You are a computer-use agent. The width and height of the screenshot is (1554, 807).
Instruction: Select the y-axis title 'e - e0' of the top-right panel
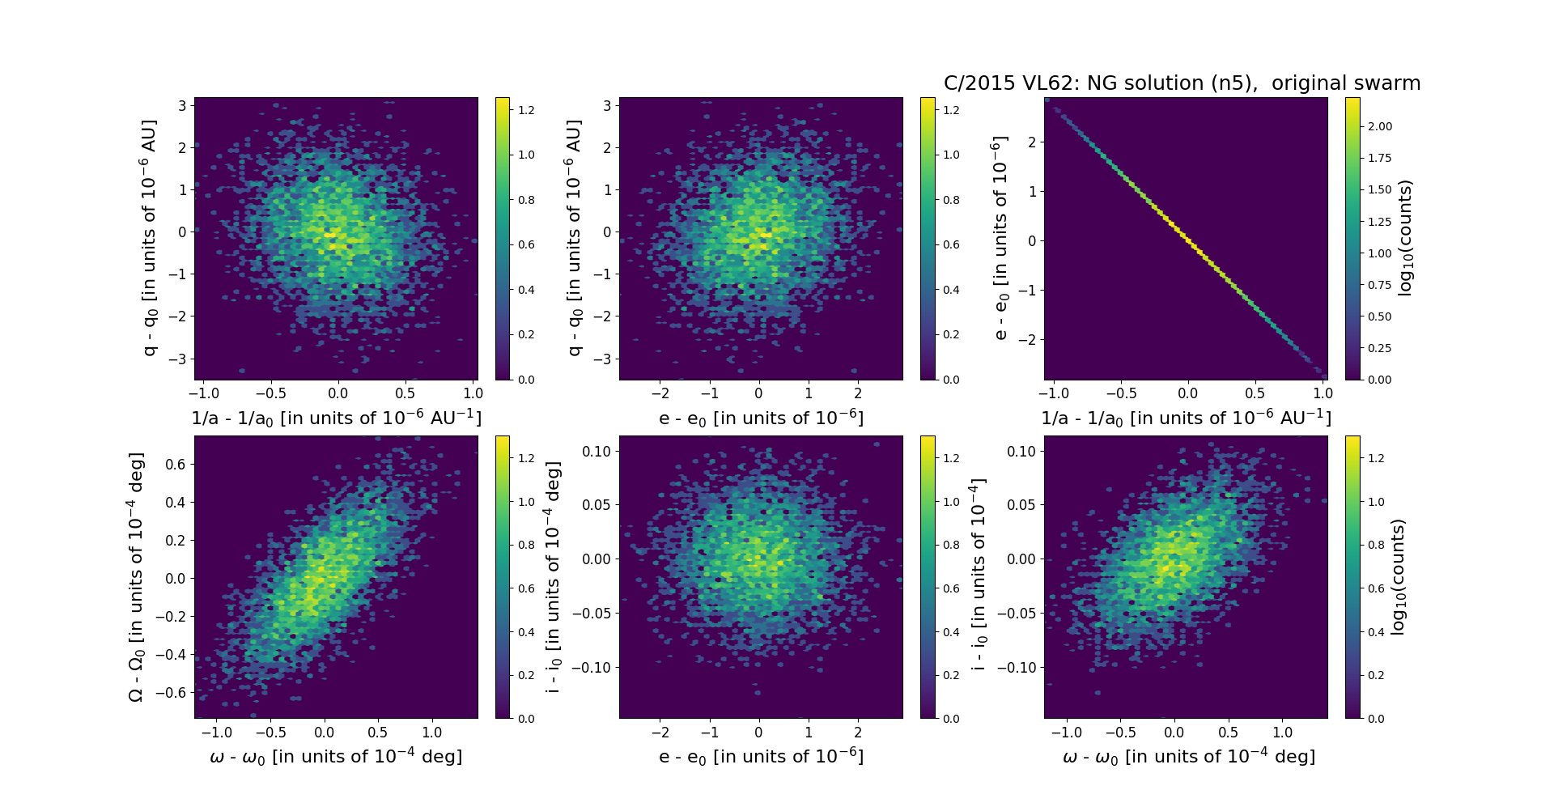pyautogui.click(x=1000, y=238)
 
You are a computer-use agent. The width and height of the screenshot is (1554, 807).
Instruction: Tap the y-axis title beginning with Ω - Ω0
pyautogui.click(x=136, y=576)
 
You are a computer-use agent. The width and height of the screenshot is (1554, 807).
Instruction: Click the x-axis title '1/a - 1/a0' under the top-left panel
pyautogui.click(x=336, y=418)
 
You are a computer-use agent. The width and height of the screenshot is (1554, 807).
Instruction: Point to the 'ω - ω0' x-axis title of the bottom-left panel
pyautogui.click(x=336, y=757)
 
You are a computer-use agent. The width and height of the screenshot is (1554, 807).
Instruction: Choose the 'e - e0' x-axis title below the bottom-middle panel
pyautogui.click(x=761, y=757)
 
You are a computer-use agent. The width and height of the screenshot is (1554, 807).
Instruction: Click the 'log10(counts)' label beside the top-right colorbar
pyautogui.click(x=1404, y=238)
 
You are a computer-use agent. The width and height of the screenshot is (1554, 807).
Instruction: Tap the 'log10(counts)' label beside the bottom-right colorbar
pyautogui.click(x=1398, y=576)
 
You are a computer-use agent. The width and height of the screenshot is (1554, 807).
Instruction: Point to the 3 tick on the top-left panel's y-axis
pyautogui.click(x=183, y=106)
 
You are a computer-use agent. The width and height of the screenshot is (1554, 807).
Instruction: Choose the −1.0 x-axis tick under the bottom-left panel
pyautogui.click(x=216, y=733)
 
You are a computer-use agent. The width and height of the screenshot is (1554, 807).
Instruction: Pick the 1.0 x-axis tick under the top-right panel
pyautogui.click(x=1323, y=393)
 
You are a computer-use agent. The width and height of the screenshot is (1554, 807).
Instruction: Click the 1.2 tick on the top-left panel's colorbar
pyautogui.click(x=526, y=110)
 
